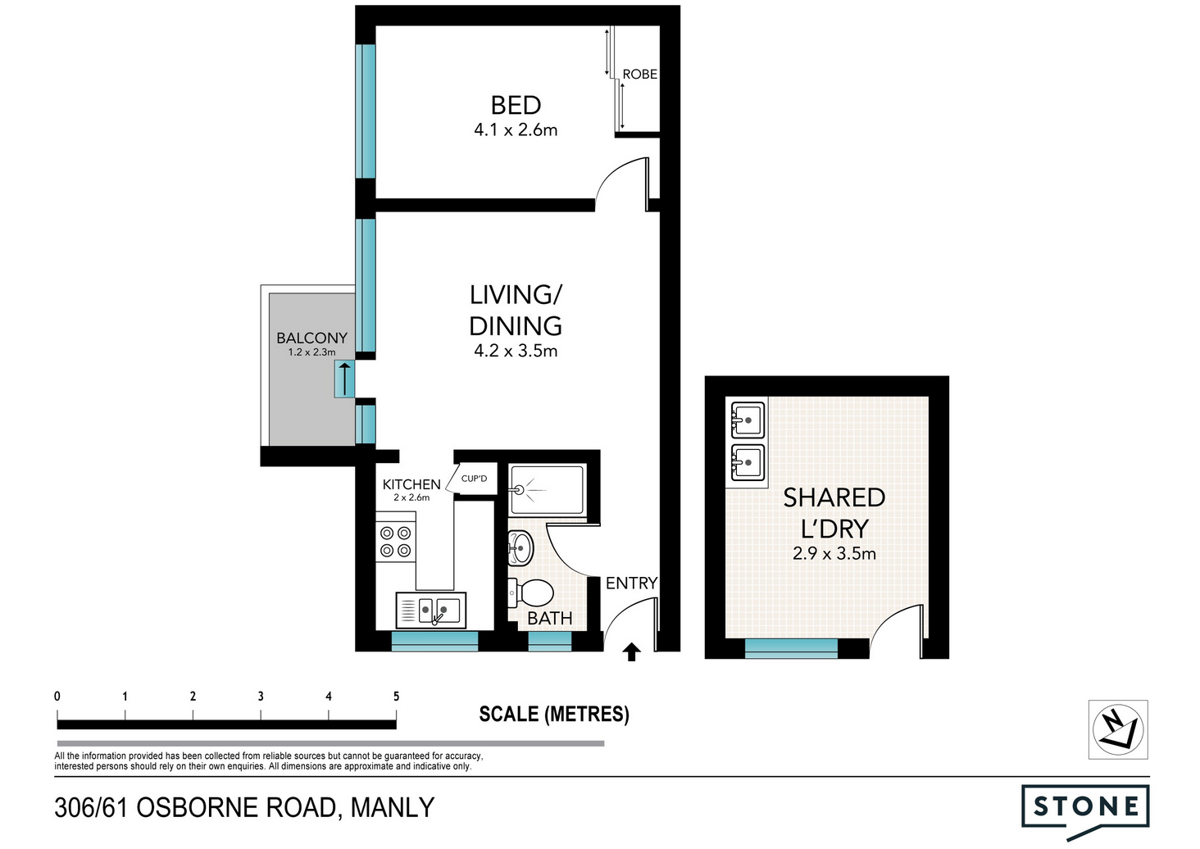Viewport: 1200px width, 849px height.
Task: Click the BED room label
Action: tap(516, 105)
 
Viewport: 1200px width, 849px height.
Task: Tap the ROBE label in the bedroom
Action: tap(639, 74)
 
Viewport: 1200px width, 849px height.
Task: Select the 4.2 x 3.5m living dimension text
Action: tap(516, 351)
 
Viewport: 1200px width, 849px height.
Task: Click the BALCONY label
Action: tap(311, 338)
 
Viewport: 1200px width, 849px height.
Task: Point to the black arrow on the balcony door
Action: tap(344, 379)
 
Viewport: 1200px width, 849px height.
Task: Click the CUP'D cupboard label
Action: tap(474, 479)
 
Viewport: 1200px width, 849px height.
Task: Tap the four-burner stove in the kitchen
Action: tap(395, 542)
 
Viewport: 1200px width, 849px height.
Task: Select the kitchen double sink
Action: tap(430, 610)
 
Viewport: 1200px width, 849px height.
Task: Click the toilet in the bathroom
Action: tap(530, 593)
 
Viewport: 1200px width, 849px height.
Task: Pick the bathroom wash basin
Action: tap(520, 547)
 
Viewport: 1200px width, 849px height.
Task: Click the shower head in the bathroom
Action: tap(520, 489)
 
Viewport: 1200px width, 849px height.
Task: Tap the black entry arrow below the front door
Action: tap(632, 652)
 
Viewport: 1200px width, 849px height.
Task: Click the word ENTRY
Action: tap(632, 583)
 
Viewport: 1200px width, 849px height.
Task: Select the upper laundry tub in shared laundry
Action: tap(748, 420)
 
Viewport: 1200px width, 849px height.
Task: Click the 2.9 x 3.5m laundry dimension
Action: tap(834, 553)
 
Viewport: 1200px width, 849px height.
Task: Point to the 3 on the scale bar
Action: tap(261, 697)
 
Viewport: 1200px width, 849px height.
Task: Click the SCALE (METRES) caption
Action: tap(554, 714)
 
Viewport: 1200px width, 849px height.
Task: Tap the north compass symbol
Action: tap(1118, 729)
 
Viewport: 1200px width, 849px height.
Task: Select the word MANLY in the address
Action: tap(393, 808)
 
